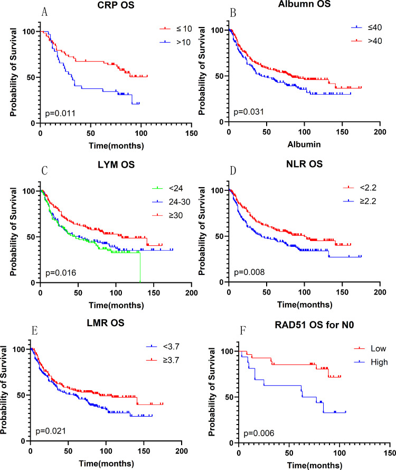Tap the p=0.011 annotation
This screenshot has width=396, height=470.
[28, 112]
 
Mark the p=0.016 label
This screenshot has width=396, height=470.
[28, 273]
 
